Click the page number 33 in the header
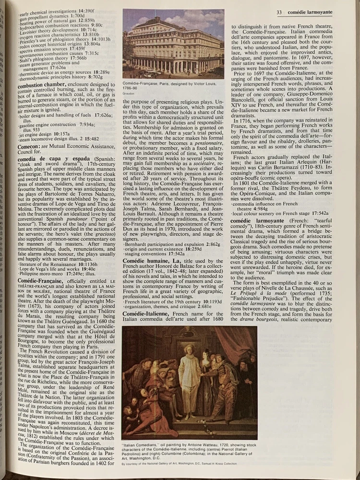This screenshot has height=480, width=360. (278, 12)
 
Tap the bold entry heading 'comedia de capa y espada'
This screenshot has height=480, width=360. (48, 159)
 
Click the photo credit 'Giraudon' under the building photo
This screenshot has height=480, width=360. (129, 94)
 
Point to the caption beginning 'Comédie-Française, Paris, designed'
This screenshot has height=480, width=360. (168, 85)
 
